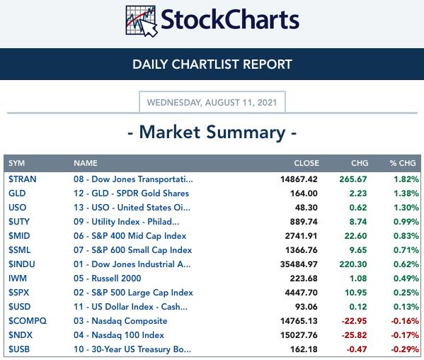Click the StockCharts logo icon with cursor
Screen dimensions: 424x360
(x=141, y=21)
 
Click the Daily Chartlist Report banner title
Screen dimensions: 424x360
(x=212, y=64)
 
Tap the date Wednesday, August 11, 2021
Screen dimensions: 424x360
(x=212, y=103)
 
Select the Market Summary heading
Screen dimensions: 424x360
(x=212, y=133)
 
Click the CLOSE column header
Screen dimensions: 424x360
(x=306, y=163)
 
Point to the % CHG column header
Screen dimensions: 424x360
(x=403, y=163)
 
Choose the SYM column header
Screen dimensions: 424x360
(x=16, y=163)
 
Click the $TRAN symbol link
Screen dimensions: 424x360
(x=22, y=179)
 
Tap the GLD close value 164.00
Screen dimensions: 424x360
(x=304, y=193)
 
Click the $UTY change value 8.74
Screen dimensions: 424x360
(x=358, y=222)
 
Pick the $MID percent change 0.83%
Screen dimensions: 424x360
(x=406, y=236)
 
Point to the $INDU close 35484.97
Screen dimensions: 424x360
(x=299, y=264)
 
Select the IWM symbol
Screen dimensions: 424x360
(x=18, y=279)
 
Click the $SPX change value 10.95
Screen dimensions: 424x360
(x=356, y=293)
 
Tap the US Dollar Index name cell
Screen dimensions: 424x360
(x=130, y=307)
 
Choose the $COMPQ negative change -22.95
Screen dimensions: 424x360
(x=354, y=321)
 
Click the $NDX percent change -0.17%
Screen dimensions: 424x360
(x=405, y=335)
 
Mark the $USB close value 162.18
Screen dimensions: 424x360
(x=304, y=349)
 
